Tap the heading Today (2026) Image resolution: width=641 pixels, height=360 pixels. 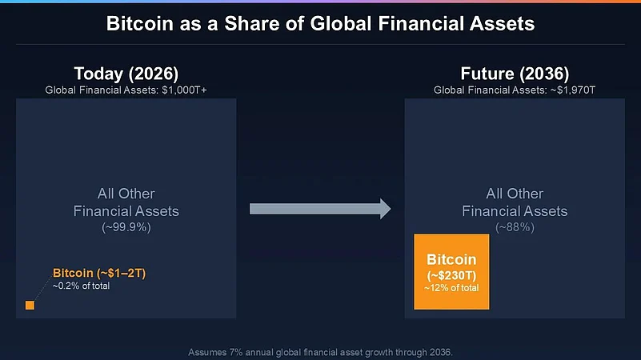coord(126,74)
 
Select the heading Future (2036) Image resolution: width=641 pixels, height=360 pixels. coord(515,74)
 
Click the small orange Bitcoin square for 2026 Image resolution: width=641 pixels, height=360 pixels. coord(30,305)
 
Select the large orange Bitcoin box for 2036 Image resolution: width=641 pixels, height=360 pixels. coord(451,271)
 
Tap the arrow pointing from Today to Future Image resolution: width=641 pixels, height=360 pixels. coord(320,210)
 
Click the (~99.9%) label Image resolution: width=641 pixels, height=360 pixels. coord(126,228)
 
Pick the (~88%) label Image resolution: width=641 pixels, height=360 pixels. coord(515,228)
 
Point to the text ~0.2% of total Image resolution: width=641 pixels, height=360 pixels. coord(81,286)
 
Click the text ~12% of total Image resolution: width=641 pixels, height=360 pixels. coord(451,288)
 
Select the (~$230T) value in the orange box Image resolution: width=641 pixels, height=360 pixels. coord(451,275)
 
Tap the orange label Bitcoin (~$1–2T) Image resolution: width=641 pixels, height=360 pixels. coord(98,274)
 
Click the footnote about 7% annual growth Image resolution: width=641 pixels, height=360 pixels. coord(320,351)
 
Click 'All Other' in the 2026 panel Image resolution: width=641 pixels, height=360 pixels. coord(126,194)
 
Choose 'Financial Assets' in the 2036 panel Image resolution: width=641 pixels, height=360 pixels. coord(515,211)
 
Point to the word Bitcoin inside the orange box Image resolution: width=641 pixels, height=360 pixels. coord(451,260)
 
